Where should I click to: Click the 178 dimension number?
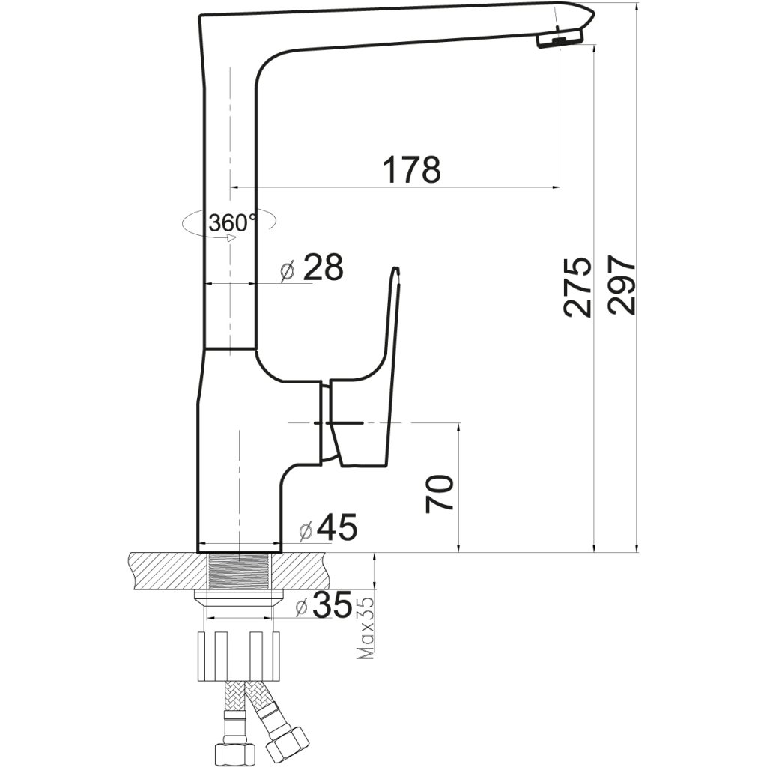(x=411, y=170)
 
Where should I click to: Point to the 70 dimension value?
(x=440, y=493)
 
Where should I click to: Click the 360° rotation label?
(x=231, y=222)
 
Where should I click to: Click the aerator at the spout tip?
(x=556, y=39)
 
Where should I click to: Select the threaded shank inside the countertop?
(x=240, y=572)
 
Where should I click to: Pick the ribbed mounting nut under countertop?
(x=239, y=655)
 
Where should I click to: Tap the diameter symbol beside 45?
(x=305, y=531)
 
